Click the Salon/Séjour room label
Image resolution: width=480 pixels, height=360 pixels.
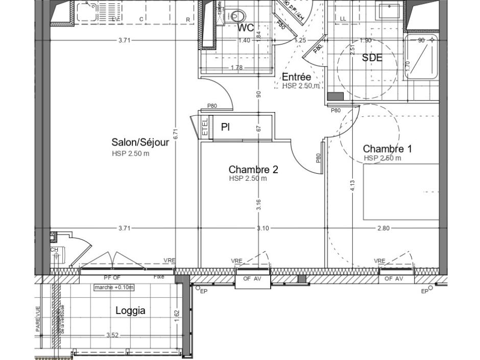point(140,142)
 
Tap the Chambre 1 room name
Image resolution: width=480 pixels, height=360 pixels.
point(387,149)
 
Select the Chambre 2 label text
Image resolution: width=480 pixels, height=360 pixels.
point(253,169)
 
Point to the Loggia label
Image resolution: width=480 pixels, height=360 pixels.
point(130,310)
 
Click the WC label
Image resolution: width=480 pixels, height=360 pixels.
point(246,28)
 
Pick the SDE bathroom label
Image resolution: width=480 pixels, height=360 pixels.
point(372,58)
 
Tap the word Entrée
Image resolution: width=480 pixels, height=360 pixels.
point(296,77)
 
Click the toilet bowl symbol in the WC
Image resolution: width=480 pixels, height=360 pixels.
point(236,15)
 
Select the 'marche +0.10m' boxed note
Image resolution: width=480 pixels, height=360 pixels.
point(113,287)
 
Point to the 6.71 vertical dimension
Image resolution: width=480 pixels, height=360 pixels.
point(175,134)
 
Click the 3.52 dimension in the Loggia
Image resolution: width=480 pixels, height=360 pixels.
point(112,335)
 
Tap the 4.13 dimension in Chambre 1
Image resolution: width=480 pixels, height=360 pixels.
point(352,185)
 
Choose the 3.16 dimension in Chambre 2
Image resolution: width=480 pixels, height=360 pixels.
point(259,204)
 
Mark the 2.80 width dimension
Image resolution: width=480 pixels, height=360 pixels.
point(383,228)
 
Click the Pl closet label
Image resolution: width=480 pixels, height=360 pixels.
point(225,127)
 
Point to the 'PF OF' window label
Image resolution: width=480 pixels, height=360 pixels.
point(112,278)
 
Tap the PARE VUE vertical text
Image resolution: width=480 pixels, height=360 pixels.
point(38,319)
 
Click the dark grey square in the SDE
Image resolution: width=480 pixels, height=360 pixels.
point(335,97)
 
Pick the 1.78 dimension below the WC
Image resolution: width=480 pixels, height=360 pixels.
point(236,67)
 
